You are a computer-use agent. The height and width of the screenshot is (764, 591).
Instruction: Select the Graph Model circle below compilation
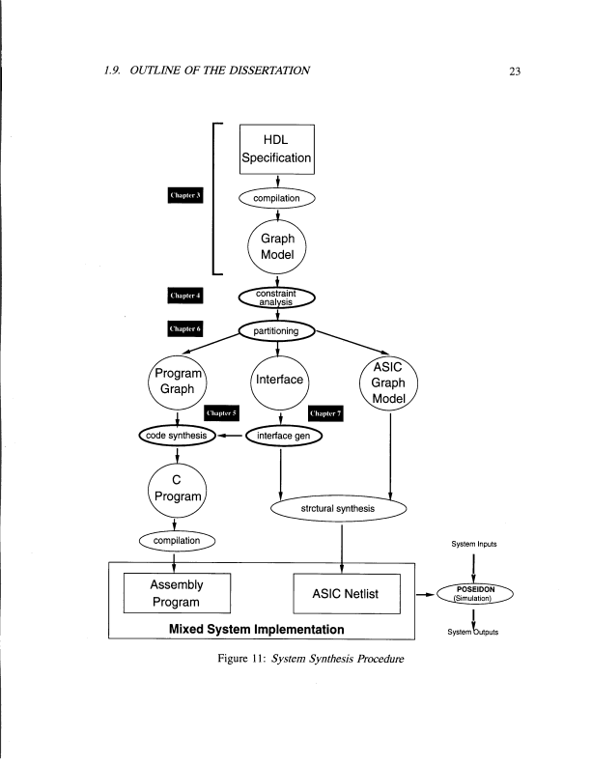[277, 246]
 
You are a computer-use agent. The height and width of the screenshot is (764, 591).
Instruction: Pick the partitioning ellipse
[277, 330]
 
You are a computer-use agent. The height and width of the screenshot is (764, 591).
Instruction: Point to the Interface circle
[278, 381]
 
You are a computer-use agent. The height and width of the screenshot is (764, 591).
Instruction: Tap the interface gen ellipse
[284, 436]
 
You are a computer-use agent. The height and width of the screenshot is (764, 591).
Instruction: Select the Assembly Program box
[175, 593]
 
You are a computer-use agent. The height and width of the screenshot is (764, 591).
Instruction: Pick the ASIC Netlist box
[347, 593]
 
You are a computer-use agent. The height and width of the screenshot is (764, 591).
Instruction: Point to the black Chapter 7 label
[325, 413]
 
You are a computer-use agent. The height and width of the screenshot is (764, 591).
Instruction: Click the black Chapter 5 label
[221, 413]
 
